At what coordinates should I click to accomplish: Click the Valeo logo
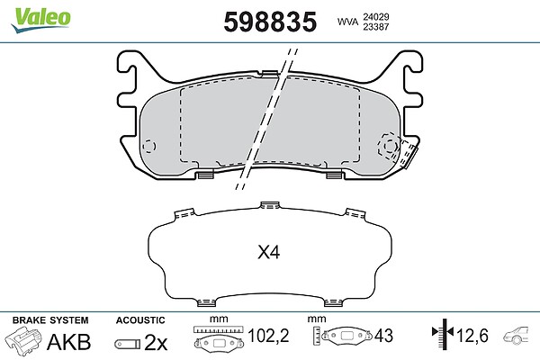click(40, 20)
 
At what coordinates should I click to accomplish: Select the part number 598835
click(270, 22)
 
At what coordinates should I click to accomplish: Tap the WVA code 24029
click(375, 17)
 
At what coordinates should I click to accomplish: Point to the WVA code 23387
click(375, 27)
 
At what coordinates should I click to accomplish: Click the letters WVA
click(347, 22)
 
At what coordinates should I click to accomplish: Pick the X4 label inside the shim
click(268, 253)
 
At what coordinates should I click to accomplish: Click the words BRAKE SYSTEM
click(50, 320)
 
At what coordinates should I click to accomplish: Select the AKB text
click(69, 342)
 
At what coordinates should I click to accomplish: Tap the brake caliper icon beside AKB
click(23, 340)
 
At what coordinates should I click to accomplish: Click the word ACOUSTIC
click(140, 320)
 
